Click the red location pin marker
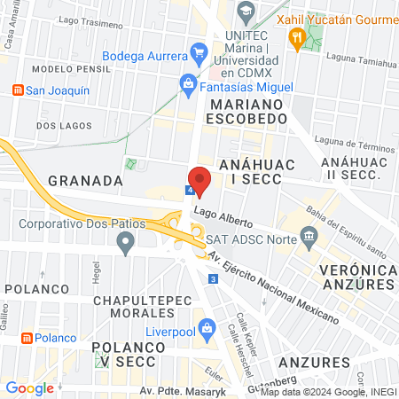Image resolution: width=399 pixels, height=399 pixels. [199, 179]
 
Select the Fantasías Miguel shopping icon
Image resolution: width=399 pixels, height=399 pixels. [188, 84]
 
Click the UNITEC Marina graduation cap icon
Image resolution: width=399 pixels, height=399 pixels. [247, 12]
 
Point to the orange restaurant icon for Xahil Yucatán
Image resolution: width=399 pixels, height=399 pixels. [296, 36]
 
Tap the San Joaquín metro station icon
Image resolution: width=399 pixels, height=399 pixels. [17, 90]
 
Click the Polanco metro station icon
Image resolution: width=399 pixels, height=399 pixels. [27, 338]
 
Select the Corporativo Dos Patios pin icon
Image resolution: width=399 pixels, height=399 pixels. [126, 241]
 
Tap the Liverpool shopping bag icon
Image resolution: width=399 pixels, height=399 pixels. [207, 327]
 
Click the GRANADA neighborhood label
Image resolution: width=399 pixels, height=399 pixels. [85, 180]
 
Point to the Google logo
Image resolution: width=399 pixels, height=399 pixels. [29, 387]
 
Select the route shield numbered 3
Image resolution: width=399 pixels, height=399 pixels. [214, 279]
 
